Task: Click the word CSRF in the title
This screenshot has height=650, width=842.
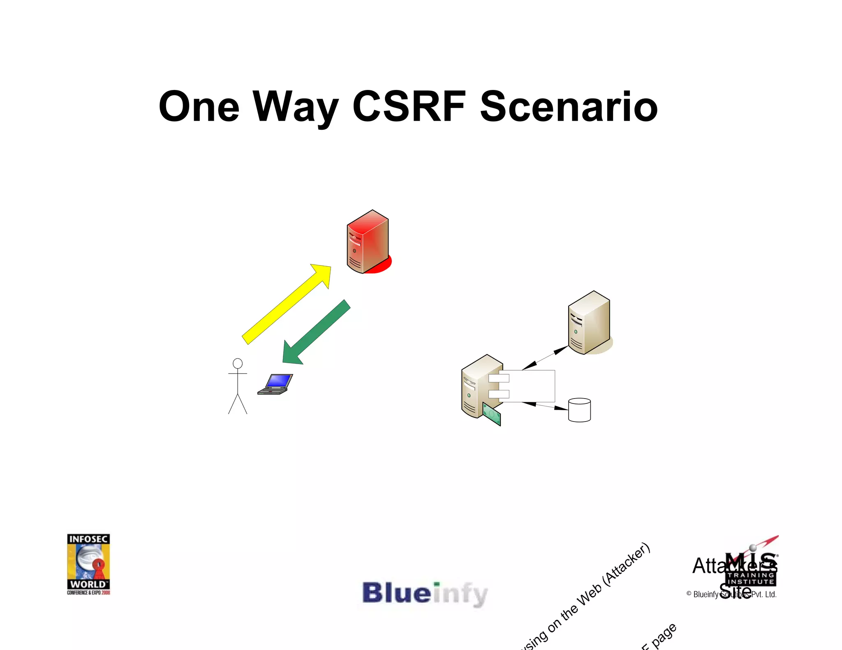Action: tap(409, 106)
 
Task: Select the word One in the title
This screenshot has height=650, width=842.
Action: tap(199, 106)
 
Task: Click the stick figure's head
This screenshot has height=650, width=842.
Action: tap(238, 363)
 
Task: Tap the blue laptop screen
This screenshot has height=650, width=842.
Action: tap(279, 381)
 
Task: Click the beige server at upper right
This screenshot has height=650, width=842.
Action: tap(589, 322)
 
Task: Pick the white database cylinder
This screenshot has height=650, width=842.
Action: tap(579, 410)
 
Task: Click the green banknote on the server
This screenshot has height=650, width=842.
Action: tap(492, 415)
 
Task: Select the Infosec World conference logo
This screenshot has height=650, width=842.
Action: tap(88, 564)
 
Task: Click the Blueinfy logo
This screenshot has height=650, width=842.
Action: tap(425, 593)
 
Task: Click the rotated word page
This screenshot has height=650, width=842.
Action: tap(664, 634)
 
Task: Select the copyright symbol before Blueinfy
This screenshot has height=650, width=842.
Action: tap(689, 594)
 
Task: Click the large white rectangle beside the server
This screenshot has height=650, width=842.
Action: tap(530, 385)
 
